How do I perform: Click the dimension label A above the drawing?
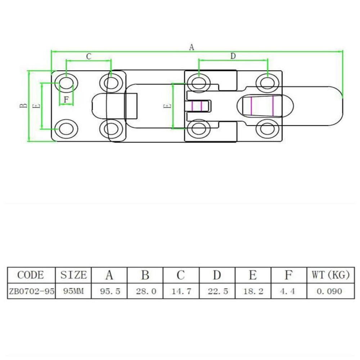tap(192, 47)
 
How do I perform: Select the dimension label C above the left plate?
tap(89, 56)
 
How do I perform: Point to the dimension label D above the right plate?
tap(233, 56)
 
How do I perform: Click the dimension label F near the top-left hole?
tap(66, 100)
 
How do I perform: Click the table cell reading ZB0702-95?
tap(31, 291)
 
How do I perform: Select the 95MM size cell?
tap(73, 291)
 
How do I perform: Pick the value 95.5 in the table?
tap(109, 291)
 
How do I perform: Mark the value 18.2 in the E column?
tap(253, 291)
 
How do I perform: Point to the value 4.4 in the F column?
tap(288, 291)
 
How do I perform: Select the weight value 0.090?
tap(329, 291)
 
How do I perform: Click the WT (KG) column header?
tap(329, 275)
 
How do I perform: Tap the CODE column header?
tap(31, 275)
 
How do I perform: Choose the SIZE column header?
tap(73, 275)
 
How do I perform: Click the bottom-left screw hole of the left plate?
tap(66, 129)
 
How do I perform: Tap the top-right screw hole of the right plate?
tap(267, 82)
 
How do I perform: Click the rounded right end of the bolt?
tap(337, 106)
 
